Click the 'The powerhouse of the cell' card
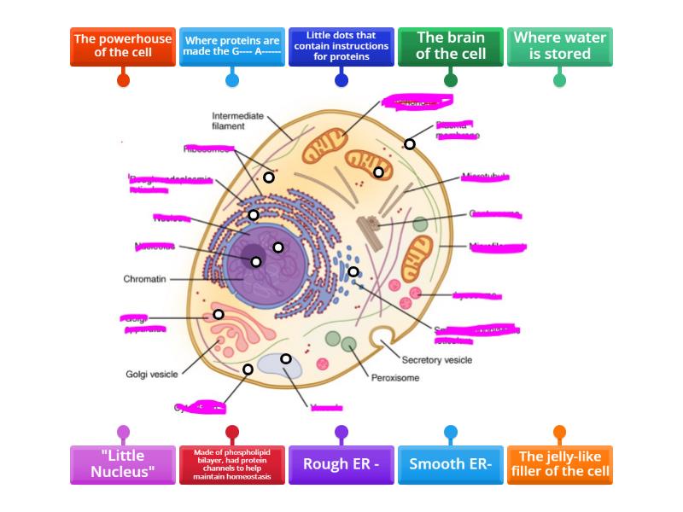coord(123,47)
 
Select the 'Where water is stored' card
coord(559,46)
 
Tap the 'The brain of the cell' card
coord(450,46)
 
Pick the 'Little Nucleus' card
coord(123,464)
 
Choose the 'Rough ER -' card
coord(341,464)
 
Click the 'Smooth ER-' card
coord(450,464)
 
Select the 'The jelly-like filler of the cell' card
coord(559,464)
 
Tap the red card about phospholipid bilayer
coord(232,464)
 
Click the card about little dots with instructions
coord(341,46)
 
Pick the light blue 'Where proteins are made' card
coord(232,46)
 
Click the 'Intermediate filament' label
coord(238,120)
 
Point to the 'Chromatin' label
coord(144,279)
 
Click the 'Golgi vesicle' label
coord(153,374)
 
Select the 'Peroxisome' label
coord(395,377)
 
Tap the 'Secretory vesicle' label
coord(436,360)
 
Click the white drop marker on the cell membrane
coord(410,144)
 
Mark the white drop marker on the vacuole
coord(286,358)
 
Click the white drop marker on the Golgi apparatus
coord(219,315)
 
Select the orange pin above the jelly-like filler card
coord(559,432)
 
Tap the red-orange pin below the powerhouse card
coord(123,80)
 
